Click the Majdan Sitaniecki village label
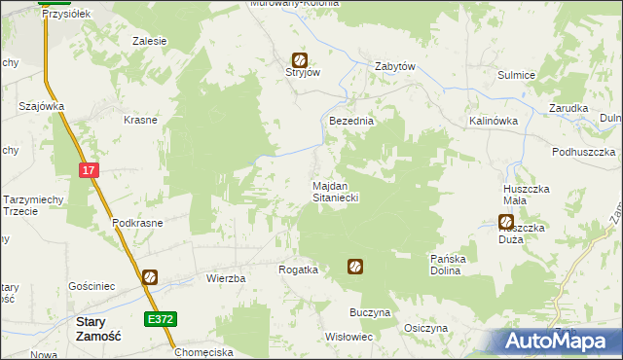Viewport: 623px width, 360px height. point(336,191)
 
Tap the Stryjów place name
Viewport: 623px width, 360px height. point(302,73)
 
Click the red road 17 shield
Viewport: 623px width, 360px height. point(90,170)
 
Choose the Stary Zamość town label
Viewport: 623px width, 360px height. point(97,328)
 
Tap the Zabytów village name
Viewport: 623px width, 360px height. point(395,66)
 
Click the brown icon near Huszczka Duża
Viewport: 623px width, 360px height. point(505,223)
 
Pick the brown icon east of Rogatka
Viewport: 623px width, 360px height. point(356,266)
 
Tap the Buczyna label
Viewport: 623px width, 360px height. point(370,313)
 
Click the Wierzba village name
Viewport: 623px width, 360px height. point(226,278)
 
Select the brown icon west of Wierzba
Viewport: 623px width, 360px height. point(150,277)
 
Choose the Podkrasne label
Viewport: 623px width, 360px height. point(137,222)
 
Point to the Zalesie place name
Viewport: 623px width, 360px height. point(150,41)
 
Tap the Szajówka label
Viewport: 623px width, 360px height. point(42,106)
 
